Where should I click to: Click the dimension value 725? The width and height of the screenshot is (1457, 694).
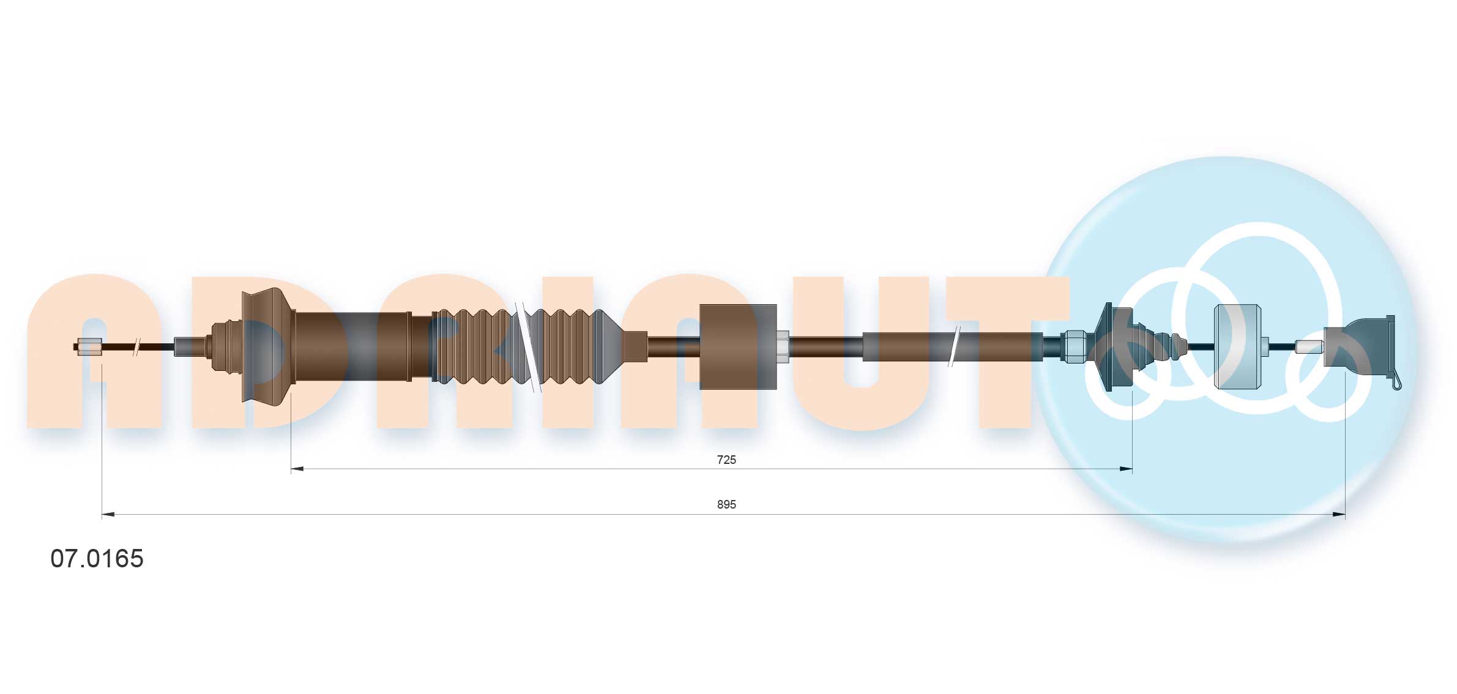(x=726, y=460)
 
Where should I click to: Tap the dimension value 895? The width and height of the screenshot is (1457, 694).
(x=726, y=505)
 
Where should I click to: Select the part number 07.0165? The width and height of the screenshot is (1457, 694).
(x=97, y=559)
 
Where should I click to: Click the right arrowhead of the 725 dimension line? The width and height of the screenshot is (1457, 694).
(x=1125, y=469)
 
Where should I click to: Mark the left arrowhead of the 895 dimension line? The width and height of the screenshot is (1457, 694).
(x=108, y=515)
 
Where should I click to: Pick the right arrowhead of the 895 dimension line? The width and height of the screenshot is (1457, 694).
(x=1338, y=515)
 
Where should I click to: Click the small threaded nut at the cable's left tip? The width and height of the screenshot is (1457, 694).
(x=90, y=347)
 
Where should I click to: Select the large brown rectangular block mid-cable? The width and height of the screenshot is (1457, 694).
(x=738, y=346)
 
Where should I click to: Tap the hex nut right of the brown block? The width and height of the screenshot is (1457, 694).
(x=783, y=347)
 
